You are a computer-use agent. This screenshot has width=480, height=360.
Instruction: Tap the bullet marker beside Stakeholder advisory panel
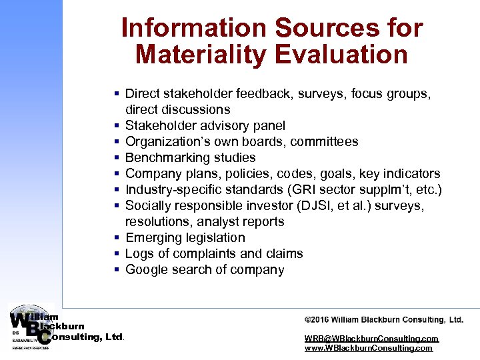116,126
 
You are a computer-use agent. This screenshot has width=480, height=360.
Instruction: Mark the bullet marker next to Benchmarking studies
116,158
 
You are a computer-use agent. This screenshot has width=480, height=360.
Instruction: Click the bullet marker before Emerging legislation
116,238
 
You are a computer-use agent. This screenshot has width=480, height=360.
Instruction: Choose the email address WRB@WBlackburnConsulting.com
371,339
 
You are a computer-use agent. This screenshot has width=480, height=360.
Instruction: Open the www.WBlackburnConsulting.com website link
368,348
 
